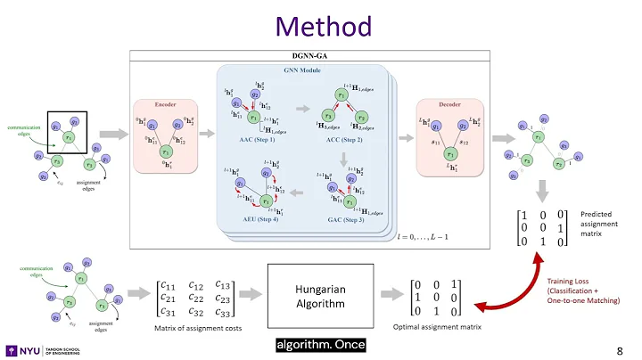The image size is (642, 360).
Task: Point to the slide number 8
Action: pyautogui.click(x=620, y=348)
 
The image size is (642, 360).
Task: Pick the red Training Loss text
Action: pyautogui.click(x=572, y=283)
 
